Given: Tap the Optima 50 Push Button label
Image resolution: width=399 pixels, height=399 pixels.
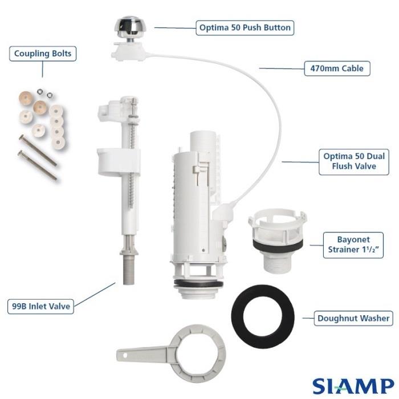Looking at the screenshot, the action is (x=245, y=28).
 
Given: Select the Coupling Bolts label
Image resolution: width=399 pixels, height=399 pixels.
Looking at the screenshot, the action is (x=43, y=54).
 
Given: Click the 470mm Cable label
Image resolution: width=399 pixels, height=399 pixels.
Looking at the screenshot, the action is (x=337, y=68).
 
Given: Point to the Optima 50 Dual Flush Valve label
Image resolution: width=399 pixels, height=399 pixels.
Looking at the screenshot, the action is (x=354, y=162).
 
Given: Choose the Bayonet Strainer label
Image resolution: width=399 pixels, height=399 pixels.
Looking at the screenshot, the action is (x=353, y=245).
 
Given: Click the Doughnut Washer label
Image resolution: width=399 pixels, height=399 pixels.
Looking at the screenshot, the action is (x=353, y=318).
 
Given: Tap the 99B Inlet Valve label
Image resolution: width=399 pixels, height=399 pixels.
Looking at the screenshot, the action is (x=40, y=307).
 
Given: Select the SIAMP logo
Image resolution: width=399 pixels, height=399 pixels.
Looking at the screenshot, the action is (x=353, y=386).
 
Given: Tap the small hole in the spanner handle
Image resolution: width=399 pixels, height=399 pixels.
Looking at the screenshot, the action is (x=125, y=356).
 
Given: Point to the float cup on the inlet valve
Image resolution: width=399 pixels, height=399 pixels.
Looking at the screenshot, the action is (x=119, y=162).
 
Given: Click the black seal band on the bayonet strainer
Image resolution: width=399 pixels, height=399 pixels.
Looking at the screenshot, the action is (x=278, y=244).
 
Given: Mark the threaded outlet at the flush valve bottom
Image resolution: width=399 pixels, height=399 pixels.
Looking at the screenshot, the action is (x=198, y=292).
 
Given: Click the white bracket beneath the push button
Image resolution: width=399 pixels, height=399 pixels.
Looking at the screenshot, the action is (x=129, y=52).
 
